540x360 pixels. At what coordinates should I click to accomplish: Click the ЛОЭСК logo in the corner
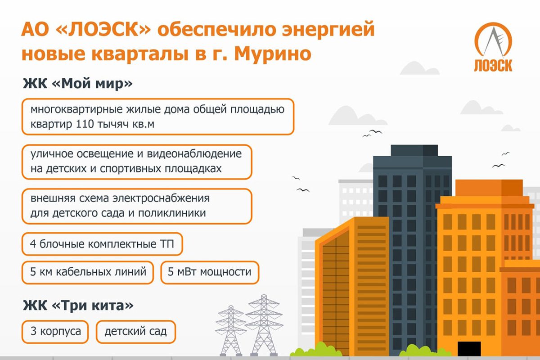pos(493,47)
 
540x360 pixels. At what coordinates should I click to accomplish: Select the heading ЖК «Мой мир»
pos(77,84)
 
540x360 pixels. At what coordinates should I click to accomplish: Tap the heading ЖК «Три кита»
pos(78,305)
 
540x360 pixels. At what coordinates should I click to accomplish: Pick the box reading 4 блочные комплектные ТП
pos(102,244)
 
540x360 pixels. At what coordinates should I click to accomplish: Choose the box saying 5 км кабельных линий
pos(88,272)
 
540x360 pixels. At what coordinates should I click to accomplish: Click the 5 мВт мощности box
pos(210,272)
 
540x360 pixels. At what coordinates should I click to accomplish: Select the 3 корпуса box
pos(55,332)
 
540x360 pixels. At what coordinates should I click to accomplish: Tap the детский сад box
pos(136,332)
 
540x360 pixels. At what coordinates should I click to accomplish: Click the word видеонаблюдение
pos(194,154)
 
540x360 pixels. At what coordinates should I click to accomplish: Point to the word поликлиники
pos(172,213)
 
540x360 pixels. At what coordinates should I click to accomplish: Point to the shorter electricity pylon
pos(231,330)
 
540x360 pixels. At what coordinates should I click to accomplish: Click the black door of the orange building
pos(469,349)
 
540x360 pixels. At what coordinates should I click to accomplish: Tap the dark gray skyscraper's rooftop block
pos(414,150)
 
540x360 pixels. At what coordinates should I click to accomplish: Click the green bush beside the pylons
pos(316,350)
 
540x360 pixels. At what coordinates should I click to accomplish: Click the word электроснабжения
pos(161,198)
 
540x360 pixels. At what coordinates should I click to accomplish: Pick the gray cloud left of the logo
pos(419,68)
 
